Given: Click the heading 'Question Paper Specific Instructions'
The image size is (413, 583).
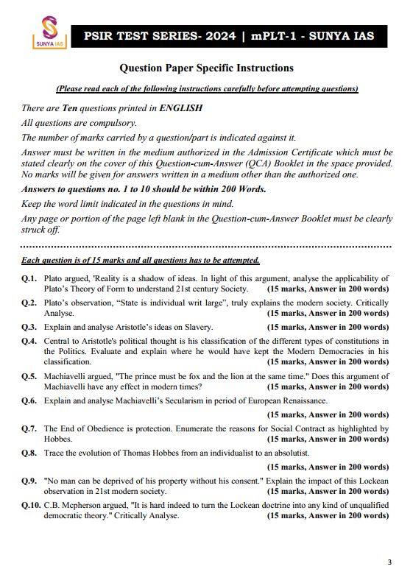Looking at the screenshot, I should [x=206, y=68].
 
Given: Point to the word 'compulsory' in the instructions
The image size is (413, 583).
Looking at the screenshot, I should [x=89, y=122].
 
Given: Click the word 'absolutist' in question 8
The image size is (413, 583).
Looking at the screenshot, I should [x=290, y=453].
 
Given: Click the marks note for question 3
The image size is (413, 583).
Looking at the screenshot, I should [x=328, y=326].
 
